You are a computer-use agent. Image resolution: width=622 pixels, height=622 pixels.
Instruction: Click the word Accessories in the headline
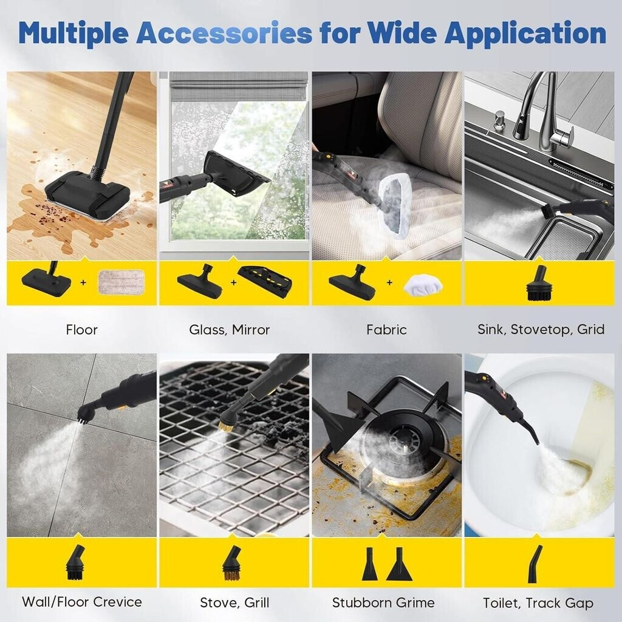pyautogui.click(x=224, y=33)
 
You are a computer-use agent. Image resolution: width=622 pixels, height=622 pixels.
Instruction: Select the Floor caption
pyautogui.click(x=82, y=330)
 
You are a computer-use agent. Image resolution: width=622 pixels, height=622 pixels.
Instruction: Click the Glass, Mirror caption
pyautogui.click(x=229, y=330)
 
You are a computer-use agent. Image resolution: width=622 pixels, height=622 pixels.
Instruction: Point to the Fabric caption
pyautogui.click(x=386, y=330)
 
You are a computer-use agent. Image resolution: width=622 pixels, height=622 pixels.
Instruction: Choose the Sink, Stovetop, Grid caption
pyautogui.click(x=541, y=330)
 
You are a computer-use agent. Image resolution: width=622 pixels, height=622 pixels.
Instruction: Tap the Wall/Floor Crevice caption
pyautogui.click(x=82, y=602)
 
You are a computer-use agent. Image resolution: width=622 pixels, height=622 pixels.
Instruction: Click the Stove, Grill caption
pyautogui.click(x=234, y=603)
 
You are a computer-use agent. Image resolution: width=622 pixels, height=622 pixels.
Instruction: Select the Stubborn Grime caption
pyautogui.click(x=383, y=603)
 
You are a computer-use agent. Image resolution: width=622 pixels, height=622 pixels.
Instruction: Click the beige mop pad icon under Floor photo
pyautogui.click(x=121, y=282)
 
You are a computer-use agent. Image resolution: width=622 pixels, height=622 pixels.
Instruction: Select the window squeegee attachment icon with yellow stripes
pyautogui.click(x=265, y=281)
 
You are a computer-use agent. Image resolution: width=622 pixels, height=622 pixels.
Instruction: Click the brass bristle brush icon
pyautogui.click(x=231, y=563)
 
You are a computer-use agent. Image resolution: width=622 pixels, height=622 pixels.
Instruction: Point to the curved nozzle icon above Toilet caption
pyautogui.click(x=535, y=564)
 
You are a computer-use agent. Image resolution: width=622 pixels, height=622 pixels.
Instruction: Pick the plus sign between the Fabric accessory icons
pyautogui.click(x=389, y=282)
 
